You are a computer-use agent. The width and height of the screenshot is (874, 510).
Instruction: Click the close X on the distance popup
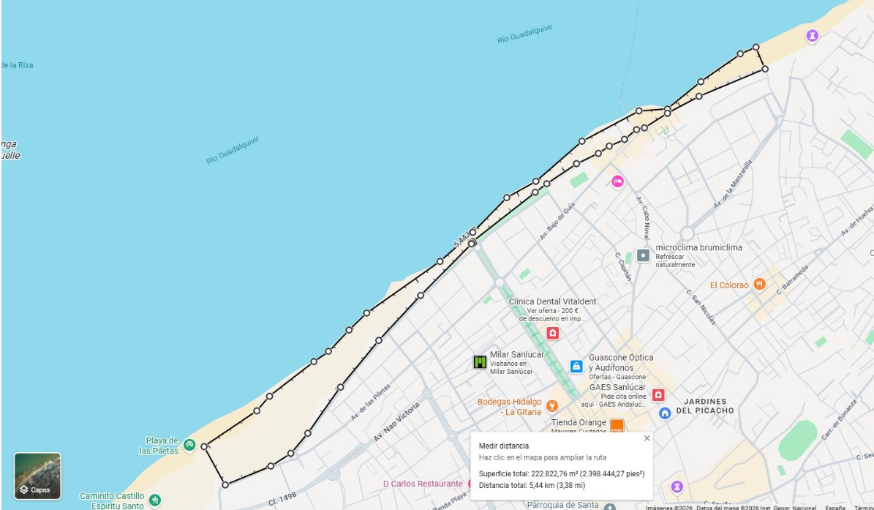click(647, 438)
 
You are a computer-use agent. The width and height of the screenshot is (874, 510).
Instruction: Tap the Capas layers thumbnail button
click(37, 476)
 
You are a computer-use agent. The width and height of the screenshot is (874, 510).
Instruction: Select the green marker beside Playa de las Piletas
click(189, 444)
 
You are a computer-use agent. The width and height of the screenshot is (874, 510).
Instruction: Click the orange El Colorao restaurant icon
click(760, 284)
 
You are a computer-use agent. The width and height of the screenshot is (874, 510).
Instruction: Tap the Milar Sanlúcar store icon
click(480, 361)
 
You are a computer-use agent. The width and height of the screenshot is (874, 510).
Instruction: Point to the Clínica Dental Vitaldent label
click(552, 301)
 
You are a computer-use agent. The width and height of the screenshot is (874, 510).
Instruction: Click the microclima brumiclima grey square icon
click(643, 255)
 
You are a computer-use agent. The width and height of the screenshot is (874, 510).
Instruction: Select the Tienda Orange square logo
click(617, 425)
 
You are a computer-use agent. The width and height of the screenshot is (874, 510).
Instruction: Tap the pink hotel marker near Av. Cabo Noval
click(617, 181)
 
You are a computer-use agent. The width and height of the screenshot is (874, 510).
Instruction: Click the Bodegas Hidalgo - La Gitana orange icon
click(552, 406)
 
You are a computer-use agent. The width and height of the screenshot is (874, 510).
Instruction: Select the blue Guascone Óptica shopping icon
click(576, 366)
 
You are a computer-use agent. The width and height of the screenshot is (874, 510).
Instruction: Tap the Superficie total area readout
click(561, 473)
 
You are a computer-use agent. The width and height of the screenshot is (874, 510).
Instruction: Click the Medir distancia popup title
click(503, 446)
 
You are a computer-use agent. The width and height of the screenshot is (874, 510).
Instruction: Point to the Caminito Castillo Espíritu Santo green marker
click(154, 500)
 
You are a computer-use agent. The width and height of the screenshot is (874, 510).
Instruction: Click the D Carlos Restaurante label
click(423, 484)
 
